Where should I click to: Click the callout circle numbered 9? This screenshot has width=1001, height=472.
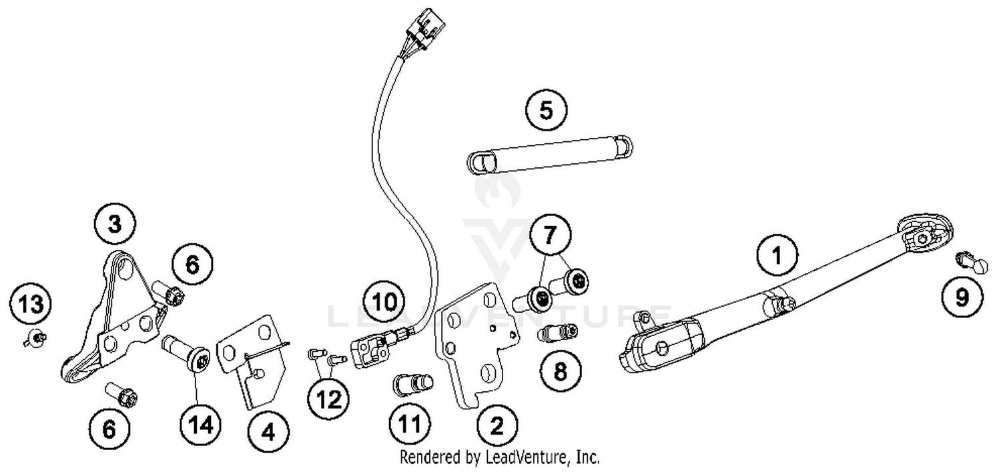962,297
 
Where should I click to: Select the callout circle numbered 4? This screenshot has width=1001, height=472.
268,432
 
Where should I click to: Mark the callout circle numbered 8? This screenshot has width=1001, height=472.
559,371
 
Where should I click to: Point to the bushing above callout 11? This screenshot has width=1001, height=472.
413,385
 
